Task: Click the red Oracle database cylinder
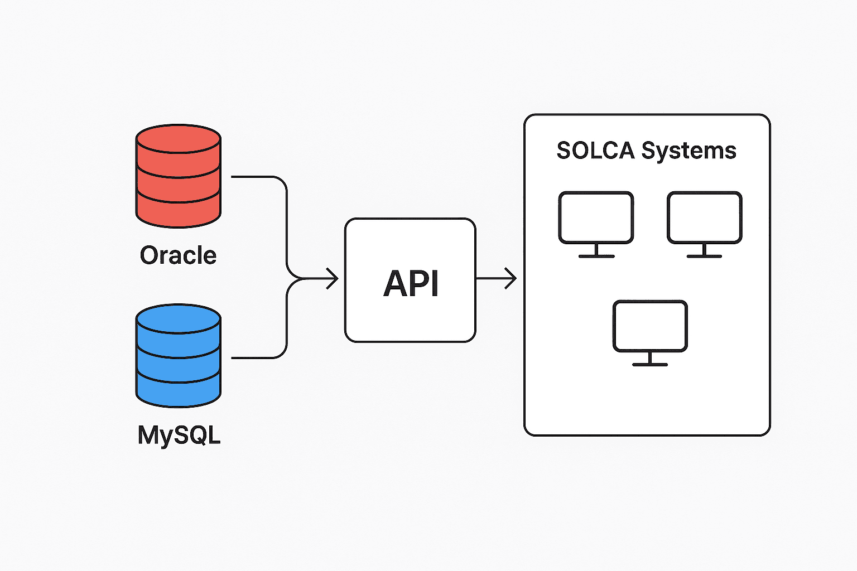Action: pos(179,176)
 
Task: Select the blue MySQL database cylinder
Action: pos(179,356)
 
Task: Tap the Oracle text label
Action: pos(178,255)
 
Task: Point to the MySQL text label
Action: pos(179,435)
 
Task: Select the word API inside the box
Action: pos(411,283)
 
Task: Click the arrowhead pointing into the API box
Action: pos(333,278)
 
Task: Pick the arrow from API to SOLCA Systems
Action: pos(496,278)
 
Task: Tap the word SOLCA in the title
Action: pos(595,151)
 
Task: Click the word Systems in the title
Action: pos(689,151)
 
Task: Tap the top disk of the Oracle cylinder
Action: pos(179,139)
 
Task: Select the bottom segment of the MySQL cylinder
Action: pos(179,390)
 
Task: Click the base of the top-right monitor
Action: pos(704,256)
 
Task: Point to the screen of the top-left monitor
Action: pos(596,217)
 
